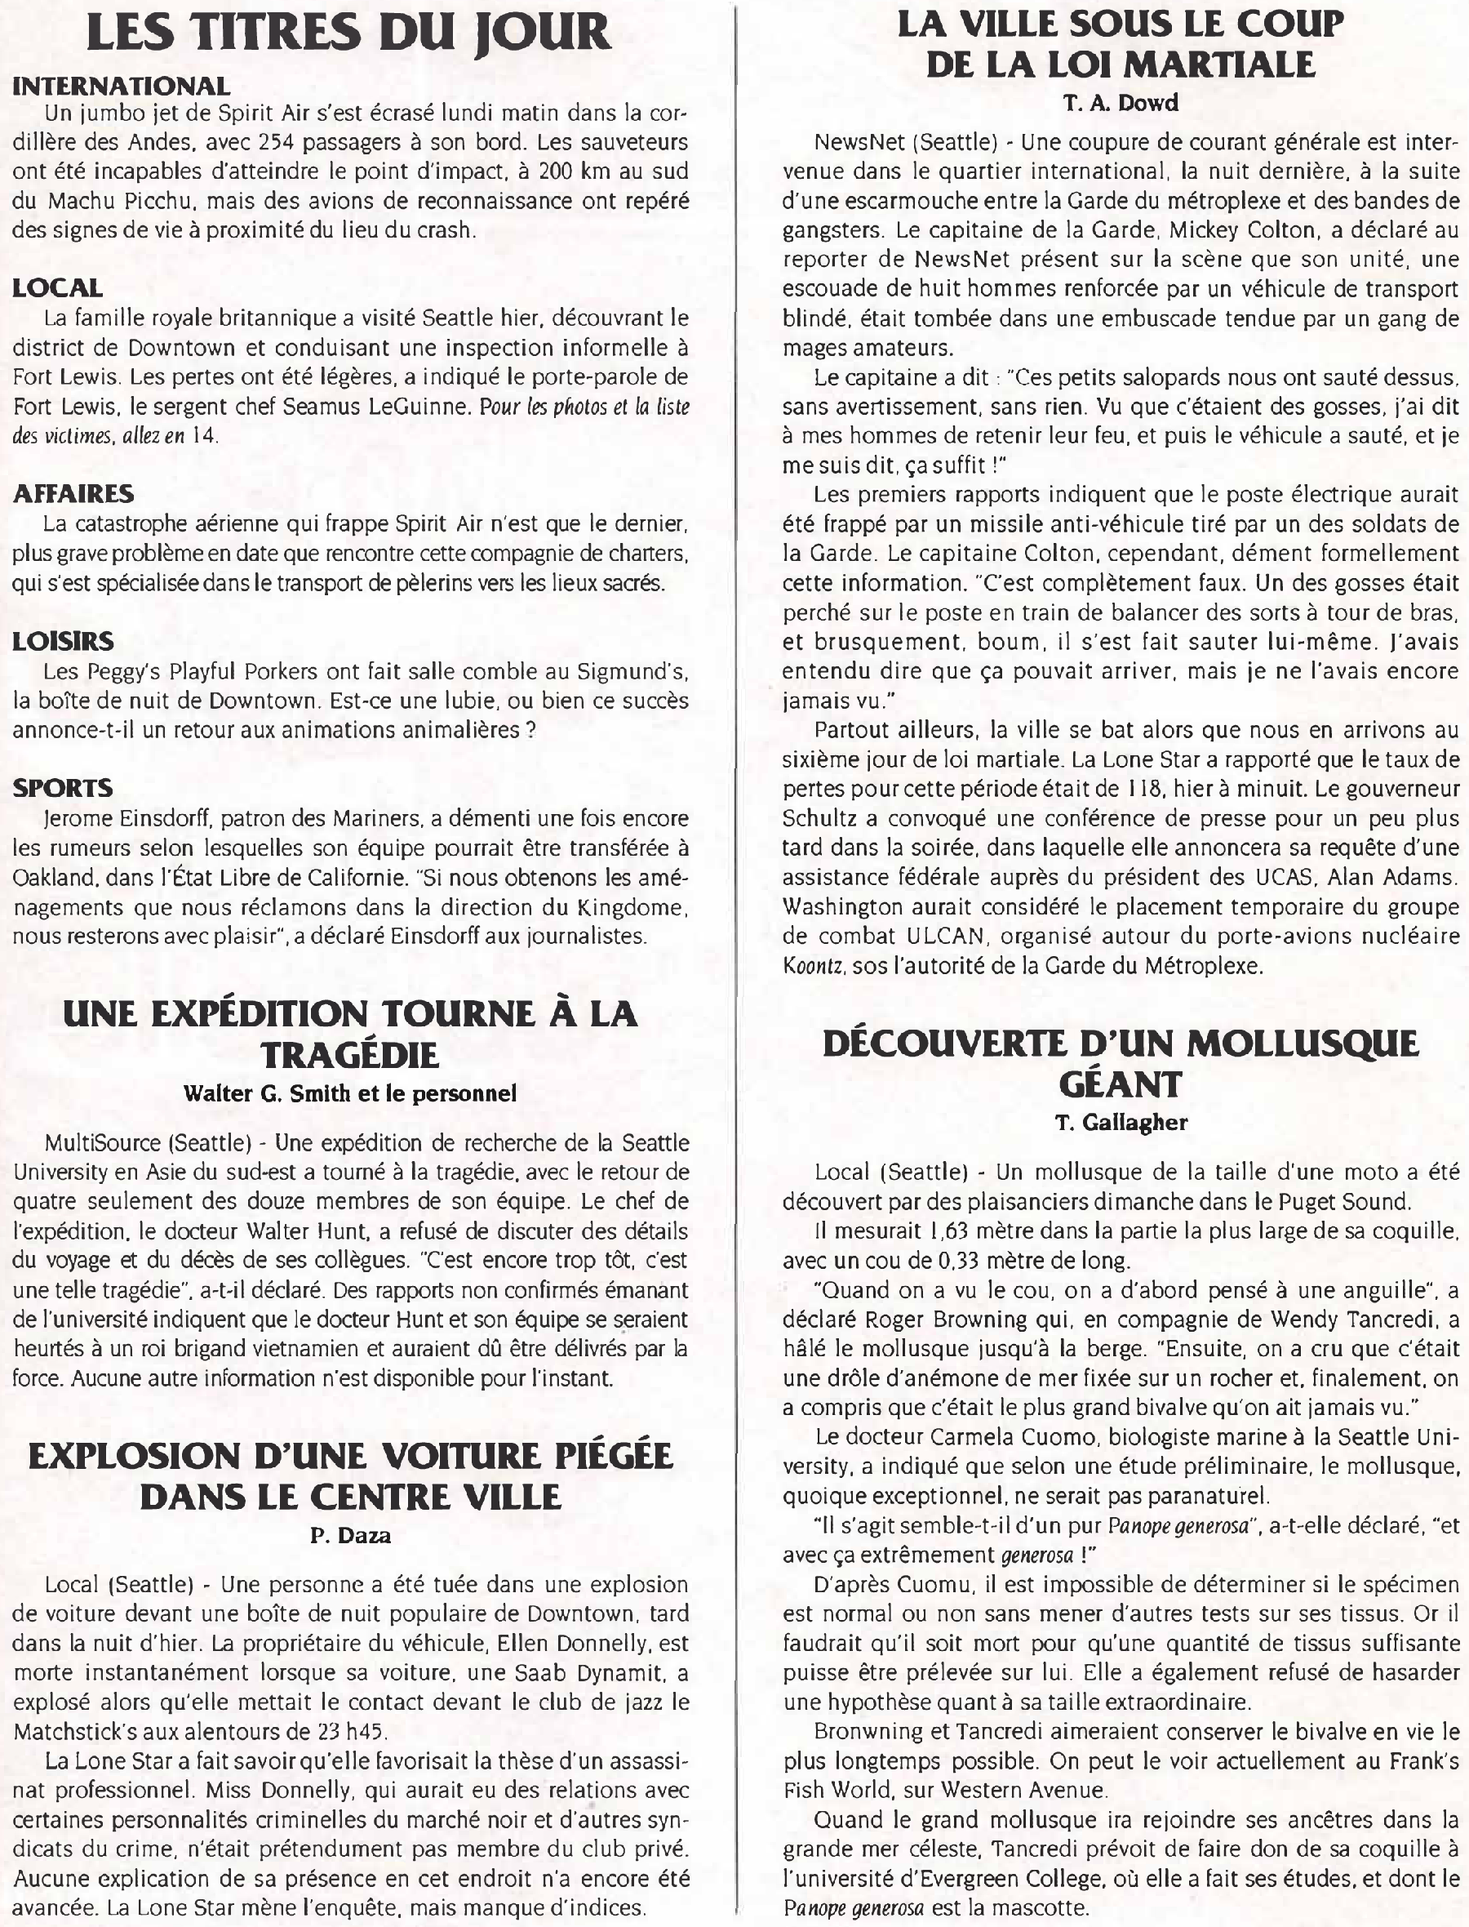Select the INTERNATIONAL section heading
click(122, 86)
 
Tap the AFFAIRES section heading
click(73, 493)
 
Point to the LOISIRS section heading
click(63, 641)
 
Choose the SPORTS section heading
click(63, 788)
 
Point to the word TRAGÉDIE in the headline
click(350, 1056)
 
